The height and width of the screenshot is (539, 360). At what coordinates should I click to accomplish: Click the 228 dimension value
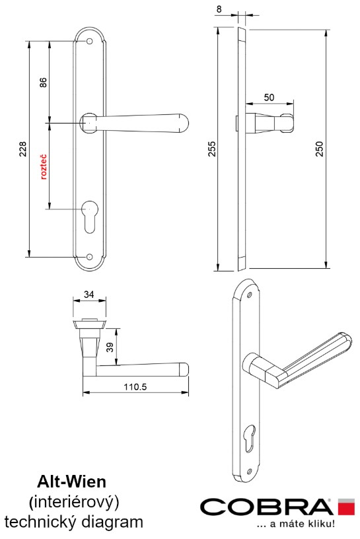point(22,149)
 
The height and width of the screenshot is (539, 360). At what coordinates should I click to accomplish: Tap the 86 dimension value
point(43,83)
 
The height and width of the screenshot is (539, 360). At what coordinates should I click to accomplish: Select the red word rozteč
point(44,167)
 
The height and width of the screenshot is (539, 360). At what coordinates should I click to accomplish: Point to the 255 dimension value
point(212,149)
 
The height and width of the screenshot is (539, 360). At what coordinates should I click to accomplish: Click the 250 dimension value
point(320,149)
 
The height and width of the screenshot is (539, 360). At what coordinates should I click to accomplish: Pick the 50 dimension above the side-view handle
point(270,97)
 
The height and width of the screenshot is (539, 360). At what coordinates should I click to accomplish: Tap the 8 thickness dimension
point(219,9)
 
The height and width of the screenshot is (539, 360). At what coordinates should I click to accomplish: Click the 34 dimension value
point(89,294)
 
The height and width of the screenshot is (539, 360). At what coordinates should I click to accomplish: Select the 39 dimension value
point(110,347)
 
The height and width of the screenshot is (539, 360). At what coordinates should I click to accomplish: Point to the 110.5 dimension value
point(135,386)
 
